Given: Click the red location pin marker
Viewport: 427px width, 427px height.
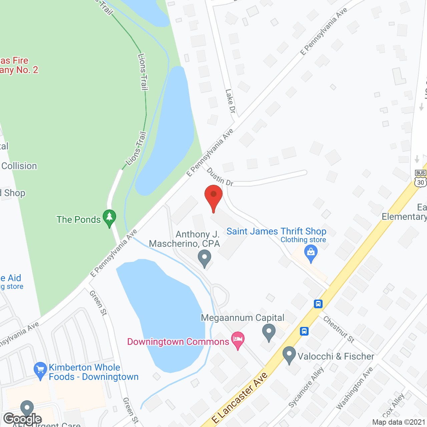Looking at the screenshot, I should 213,197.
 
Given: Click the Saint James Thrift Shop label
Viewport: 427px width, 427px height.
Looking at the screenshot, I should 276,231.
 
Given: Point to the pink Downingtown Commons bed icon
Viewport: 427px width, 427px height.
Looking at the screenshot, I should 238,340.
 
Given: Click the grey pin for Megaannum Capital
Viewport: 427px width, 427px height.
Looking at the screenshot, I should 269,332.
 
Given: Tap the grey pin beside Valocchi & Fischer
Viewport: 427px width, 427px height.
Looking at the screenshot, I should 289,355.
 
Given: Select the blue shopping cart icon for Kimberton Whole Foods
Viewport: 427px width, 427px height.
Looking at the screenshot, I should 40,370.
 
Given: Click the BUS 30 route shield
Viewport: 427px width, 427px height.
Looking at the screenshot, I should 421,178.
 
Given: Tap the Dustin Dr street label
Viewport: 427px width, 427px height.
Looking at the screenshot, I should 220,177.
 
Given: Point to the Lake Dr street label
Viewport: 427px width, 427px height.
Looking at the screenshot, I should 230,101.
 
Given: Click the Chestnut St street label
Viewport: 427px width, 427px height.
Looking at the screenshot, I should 339,329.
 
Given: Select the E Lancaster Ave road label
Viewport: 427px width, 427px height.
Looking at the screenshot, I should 240,398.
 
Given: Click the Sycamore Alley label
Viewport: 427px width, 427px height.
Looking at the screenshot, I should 306,387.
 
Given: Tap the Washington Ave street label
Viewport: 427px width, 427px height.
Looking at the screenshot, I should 354,388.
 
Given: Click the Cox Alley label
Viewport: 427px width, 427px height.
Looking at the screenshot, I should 394,405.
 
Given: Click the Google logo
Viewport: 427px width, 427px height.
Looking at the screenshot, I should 23,419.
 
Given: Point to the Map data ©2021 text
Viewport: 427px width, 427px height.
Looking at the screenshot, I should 399,422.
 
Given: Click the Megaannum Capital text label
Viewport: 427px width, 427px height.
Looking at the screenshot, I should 243,318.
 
